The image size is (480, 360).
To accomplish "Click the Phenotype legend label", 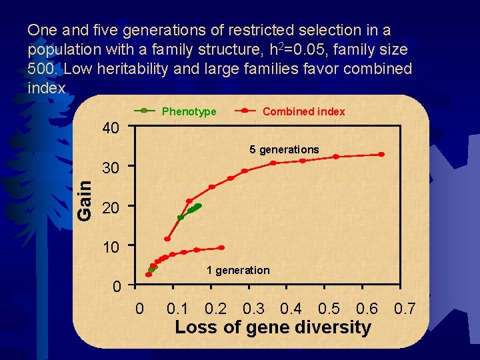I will [189, 111].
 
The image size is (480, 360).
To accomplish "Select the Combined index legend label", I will [303, 111].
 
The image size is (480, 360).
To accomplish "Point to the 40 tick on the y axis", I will [111, 127].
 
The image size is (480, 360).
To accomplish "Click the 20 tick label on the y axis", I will [111, 208].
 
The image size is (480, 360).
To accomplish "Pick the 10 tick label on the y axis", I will [111, 247].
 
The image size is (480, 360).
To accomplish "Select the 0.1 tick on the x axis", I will [177, 309].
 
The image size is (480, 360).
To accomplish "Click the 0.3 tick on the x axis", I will [253, 309].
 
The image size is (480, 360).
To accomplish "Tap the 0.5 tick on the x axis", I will [329, 309].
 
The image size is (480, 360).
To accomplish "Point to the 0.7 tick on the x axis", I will [405, 309].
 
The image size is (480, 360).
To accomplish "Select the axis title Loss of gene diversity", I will [272, 327].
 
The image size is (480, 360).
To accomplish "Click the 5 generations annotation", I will [284, 149].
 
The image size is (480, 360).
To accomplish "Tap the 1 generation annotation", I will [238, 270].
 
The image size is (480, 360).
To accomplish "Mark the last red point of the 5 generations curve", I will [381, 154].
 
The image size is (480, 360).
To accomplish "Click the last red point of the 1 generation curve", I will [221, 247].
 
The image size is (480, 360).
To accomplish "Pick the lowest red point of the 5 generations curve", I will [167, 239].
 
